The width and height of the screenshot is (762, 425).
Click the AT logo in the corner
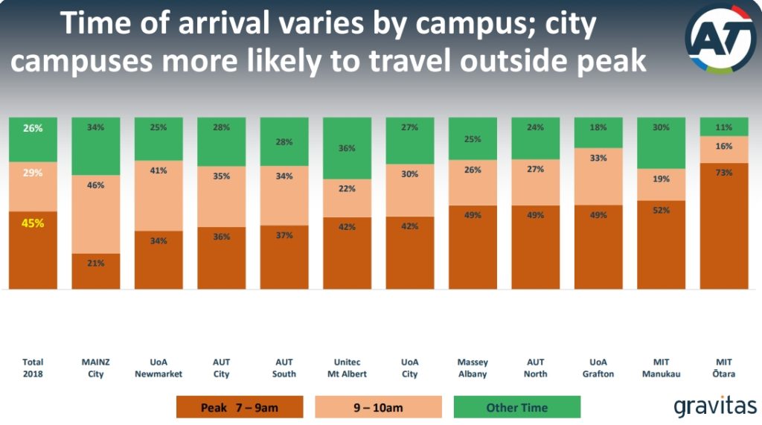tap(720, 38)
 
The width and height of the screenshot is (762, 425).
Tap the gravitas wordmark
tap(714, 406)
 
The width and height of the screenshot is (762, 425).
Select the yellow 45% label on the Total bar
tap(33, 223)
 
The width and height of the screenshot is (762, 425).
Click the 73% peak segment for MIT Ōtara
tap(724, 226)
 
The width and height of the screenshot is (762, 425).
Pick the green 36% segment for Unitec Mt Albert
tap(347, 148)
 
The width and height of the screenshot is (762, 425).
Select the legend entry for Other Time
tap(516, 407)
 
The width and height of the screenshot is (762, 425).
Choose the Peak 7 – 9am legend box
tap(240, 407)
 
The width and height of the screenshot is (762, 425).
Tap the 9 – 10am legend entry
tap(378, 407)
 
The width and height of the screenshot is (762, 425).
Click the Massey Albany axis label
tap(473, 368)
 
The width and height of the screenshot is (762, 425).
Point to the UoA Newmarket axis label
tap(159, 368)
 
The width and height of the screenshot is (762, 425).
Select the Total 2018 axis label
tap(33, 368)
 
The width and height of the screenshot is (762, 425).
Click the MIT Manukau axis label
tap(661, 368)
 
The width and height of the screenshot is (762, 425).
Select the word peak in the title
tap(607, 61)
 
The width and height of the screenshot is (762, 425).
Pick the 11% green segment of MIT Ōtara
tap(724, 127)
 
